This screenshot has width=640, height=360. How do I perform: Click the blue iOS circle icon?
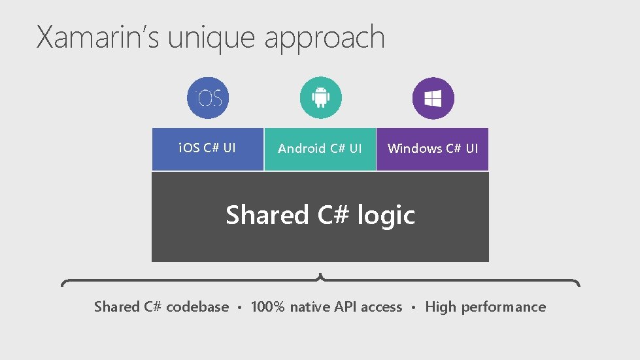(208, 98)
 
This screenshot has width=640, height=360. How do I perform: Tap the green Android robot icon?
(320, 98)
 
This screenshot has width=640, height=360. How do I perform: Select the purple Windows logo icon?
(433, 98)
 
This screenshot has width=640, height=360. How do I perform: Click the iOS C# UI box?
(208, 148)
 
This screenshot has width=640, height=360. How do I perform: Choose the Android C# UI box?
(320, 148)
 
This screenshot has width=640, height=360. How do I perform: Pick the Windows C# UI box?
(432, 148)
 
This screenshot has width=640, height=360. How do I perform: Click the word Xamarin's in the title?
(99, 38)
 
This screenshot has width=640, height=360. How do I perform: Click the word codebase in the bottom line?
(197, 307)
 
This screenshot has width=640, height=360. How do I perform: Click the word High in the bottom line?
(441, 307)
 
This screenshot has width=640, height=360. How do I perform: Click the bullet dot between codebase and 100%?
(240, 308)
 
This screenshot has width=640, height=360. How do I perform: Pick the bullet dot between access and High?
(414, 308)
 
